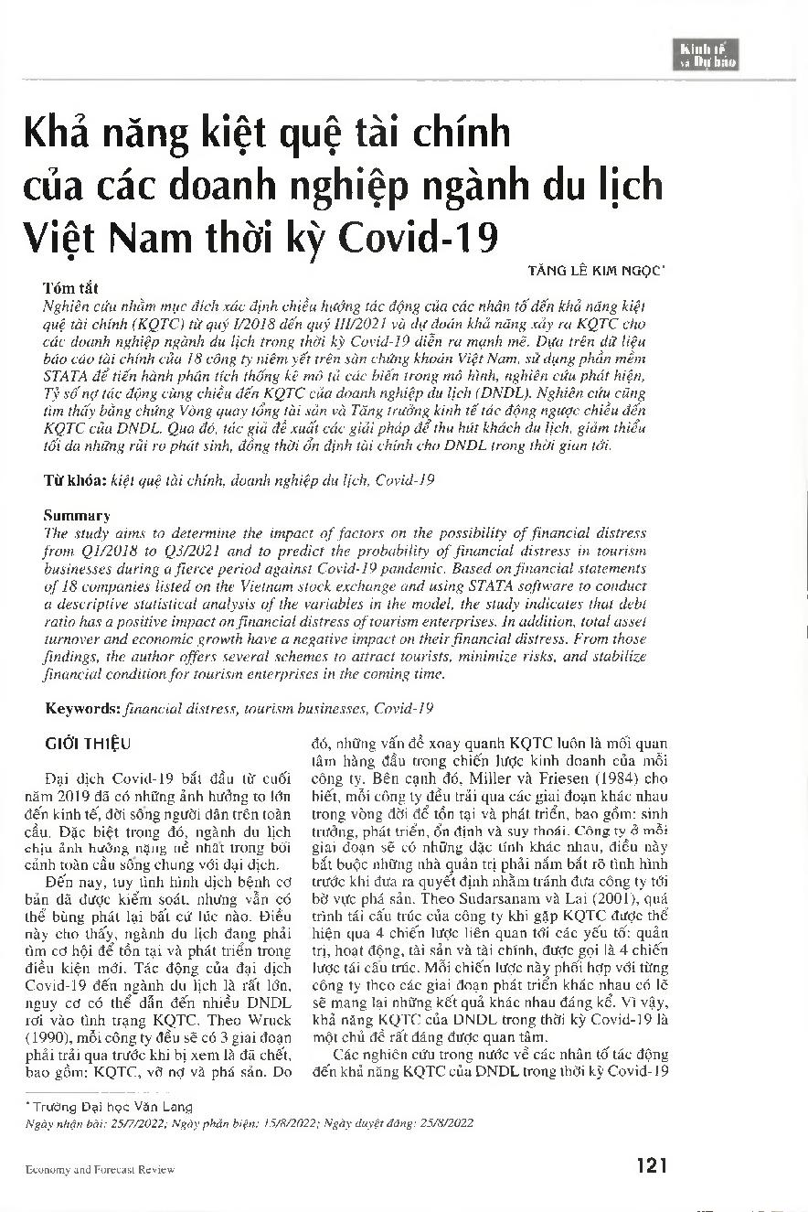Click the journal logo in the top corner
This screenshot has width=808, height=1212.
(707, 55)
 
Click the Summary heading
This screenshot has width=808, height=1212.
(77, 516)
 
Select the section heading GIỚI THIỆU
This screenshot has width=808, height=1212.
(88, 744)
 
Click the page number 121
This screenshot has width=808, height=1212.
(650, 1165)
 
